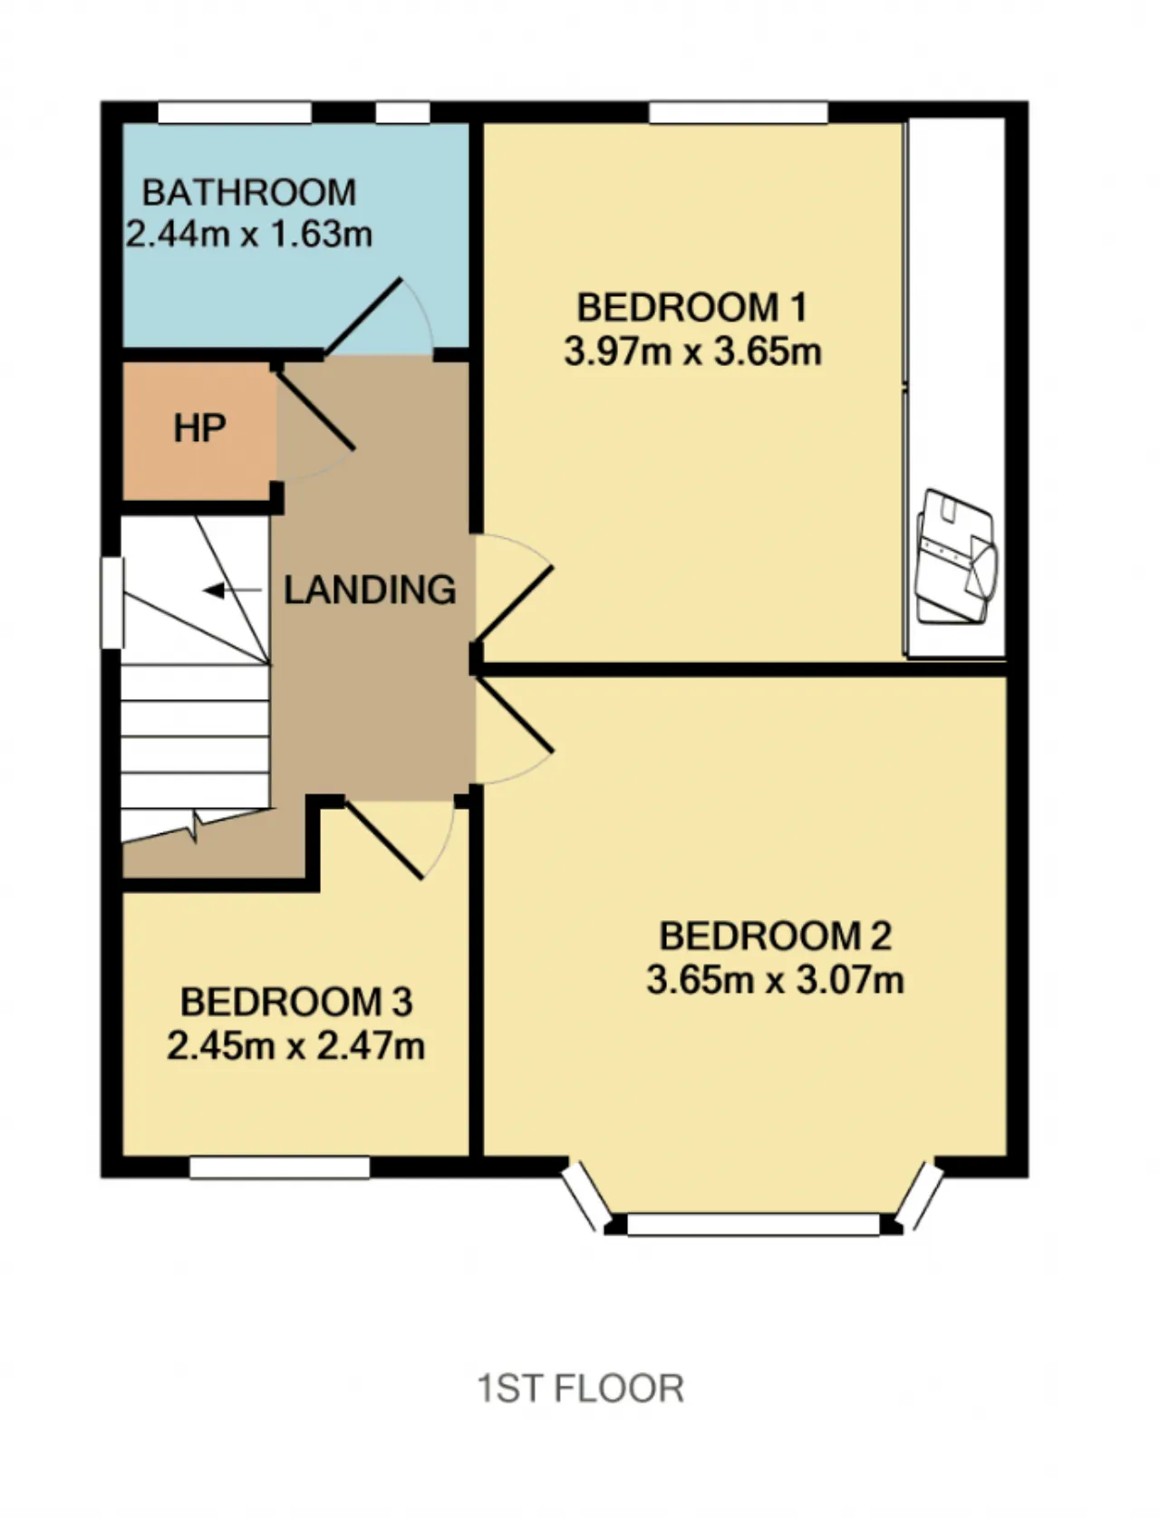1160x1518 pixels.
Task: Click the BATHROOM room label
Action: [249, 192]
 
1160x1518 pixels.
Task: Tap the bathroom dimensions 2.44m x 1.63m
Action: [249, 235]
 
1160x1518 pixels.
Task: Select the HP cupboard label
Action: [199, 428]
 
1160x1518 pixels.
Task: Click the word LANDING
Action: [370, 590]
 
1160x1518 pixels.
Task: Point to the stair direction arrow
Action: [232, 591]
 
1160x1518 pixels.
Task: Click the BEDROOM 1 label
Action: [692, 308]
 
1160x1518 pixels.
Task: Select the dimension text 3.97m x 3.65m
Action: [692, 351]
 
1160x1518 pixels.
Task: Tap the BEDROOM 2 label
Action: [776, 937]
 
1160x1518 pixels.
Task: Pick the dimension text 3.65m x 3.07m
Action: [776, 980]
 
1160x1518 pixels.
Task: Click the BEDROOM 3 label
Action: [296, 1002]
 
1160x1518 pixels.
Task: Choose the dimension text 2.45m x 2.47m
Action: [296, 1045]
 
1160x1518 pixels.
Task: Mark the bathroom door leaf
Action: [363, 316]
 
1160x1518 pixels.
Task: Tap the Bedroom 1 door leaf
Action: [513, 604]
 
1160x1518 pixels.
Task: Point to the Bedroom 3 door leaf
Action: [384, 841]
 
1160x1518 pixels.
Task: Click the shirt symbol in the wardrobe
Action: [957, 557]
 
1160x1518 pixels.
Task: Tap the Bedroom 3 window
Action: [279, 1167]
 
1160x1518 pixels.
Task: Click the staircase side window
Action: [112, 603]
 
